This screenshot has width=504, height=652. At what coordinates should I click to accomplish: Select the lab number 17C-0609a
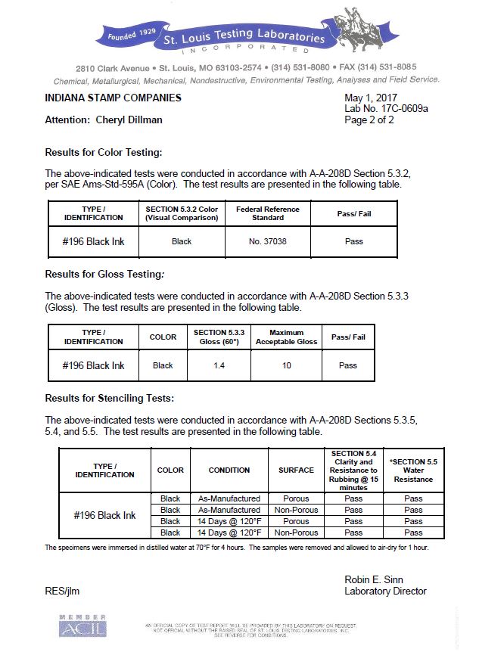tap(386, 109)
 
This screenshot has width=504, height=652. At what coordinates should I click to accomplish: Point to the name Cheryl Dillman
tap(129, 120)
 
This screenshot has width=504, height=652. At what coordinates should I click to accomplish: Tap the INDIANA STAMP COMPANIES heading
tap(113, 98)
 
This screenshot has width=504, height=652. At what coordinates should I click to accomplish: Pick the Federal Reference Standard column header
tap(267, 213)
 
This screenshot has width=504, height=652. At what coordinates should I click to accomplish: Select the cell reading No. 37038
tap(267, 241)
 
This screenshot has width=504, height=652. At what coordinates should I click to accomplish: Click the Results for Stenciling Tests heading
tap(109, 398)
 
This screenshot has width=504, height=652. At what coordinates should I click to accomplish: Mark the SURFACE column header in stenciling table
tap(296, 470)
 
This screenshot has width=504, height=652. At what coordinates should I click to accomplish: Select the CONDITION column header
tap(229, 470)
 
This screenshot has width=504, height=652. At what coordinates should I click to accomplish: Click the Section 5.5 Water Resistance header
tap(413, 470)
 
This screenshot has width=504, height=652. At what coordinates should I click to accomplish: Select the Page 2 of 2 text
tap(369, 120)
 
